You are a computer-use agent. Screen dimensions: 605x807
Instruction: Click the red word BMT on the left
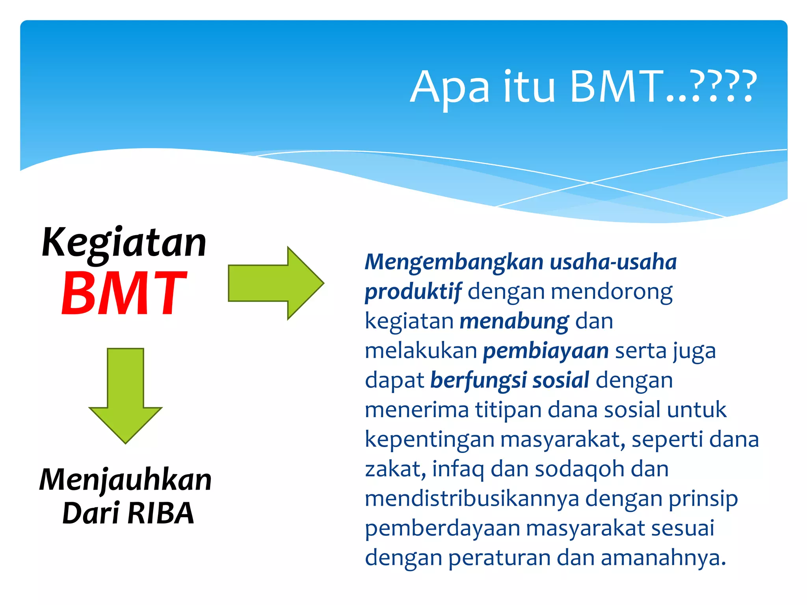pos(124,293)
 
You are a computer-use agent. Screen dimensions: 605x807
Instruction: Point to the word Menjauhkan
pos(126,480)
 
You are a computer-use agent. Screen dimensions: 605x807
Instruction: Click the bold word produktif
pos(413,292)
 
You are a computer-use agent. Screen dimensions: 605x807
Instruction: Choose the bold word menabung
pos(514,321)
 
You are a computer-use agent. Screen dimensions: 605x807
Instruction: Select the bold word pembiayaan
pos(546,351)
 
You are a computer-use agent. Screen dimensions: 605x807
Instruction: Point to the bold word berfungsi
pos(478,380)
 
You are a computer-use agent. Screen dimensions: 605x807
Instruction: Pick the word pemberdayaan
pos(442,529)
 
